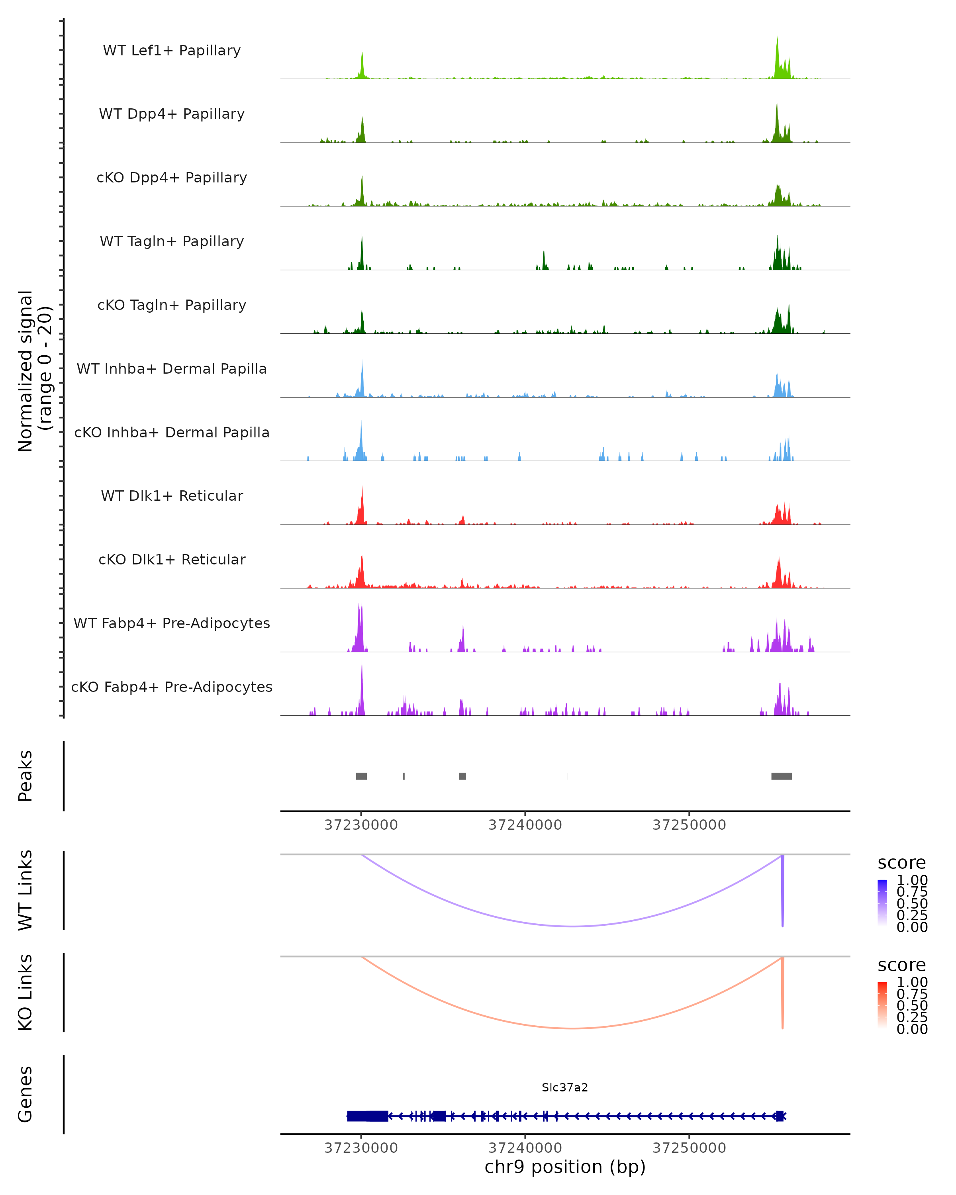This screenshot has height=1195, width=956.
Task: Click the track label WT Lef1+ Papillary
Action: pyautogui.click(x=172, y=51)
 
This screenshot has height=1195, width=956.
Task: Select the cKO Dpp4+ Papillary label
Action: pyautogui.click(x=172, y=178)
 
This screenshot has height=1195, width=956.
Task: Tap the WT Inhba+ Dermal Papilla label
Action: pyautogui.click(x=172, y=369)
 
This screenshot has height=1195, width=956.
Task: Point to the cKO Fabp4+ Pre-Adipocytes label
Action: pyautogui.click(x=172, y=687)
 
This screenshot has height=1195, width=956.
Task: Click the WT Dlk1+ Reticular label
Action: pyautogui.click(x=172, y=496)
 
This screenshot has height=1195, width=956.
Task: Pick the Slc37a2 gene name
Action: pyautogui.click(x=565, y=1087)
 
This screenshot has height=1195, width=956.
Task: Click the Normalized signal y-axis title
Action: pyautogui.click(x=34, y=371)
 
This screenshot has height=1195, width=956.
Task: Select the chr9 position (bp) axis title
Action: pyautogui.click(x=565, y=1167)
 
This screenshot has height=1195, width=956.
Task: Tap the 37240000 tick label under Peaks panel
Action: pyautogui.click(x=525, y=825)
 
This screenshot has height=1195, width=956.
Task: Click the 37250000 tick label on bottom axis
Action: pyautogui.click(x=689, y=1148)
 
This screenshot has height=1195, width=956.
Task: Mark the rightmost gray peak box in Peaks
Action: pyautogui.click(x=782, y=776)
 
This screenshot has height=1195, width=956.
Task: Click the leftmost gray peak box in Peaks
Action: pyautogui.click(x=361, y=776)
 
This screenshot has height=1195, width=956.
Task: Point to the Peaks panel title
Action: pyautogui.click(x=25, y=776)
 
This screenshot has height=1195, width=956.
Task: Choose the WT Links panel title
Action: pyautogui.click(x=25, y=890)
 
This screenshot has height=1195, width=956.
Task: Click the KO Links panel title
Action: pyautogui.click(x=25, y=993)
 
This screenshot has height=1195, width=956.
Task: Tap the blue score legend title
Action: pyautogui.click(x=901, y=863)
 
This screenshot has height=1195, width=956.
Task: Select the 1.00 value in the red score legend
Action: pyautogui.click(x=912, y=982)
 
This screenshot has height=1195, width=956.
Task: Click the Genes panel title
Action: pyautogui.click(x=25, y=1094)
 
